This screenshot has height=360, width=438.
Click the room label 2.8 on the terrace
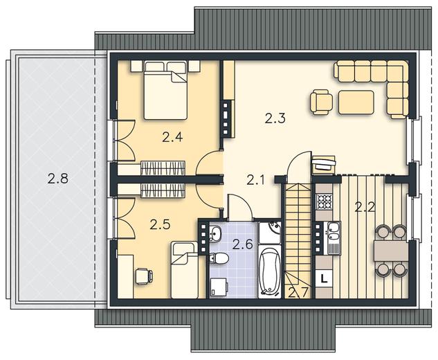pos(57,179)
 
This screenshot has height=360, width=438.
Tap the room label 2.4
pos(172,137)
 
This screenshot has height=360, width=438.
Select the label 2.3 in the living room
pos(275,118)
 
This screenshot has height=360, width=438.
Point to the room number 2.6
pos(243,244)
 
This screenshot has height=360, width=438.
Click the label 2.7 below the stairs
pos(299,293)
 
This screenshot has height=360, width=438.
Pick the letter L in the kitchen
pos(324,278)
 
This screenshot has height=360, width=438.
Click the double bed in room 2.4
pos(165,90)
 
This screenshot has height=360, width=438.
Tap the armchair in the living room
pos(321,102)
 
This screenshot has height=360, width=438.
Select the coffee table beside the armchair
pos(356,102)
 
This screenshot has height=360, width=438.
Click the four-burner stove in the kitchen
pos(324,201)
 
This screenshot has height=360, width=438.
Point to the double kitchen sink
pos(334,231)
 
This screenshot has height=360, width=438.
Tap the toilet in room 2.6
pos(219,258)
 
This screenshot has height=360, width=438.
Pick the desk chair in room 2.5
pos(144,276)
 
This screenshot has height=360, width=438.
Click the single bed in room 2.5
pos(184,270)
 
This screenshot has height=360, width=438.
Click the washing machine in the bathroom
pos(219,287)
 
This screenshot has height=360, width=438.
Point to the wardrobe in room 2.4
pos(163,168)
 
